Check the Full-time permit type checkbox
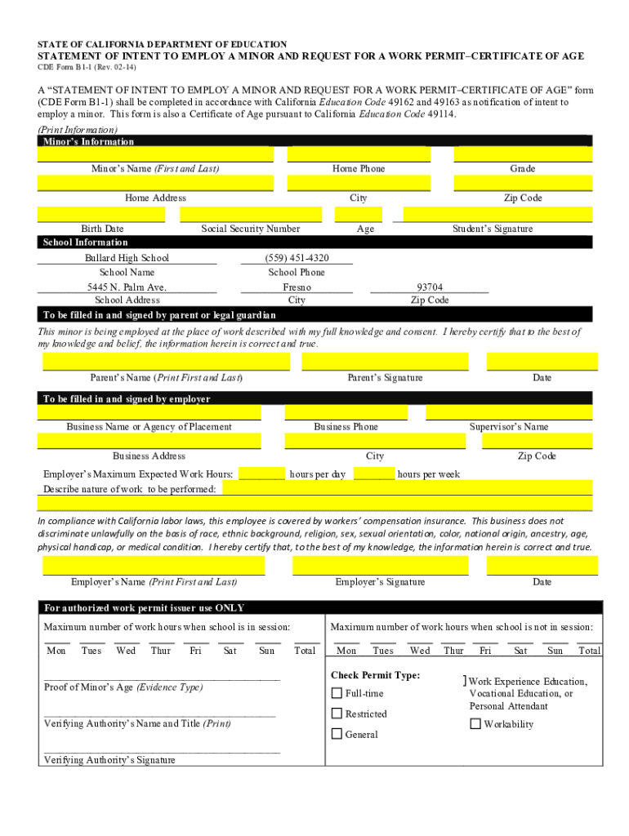(x=337, y=693)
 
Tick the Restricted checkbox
(x=337, y=714)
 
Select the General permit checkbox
(x=337, y=734)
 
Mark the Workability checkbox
(x=475, y=724)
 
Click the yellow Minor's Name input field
(x=155, y=154)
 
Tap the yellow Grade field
(x=523, y=154)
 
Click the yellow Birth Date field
(x=101, y=215)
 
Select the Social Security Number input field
(x=250, y=215)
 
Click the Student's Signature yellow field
(x=497, y=215)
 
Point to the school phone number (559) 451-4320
(x=297, y=258)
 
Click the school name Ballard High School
(x=127, y=258)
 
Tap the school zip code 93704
(x=430, y=287)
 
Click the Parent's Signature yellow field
(x=385, y=362)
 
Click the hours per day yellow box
(x=261, y=474)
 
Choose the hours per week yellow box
(x=374, y=474)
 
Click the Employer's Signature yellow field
(x=380, y=566)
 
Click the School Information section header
(x=86, y=242)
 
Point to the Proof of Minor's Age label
(x=123, y=687)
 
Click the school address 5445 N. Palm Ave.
(x=127, y=287)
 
